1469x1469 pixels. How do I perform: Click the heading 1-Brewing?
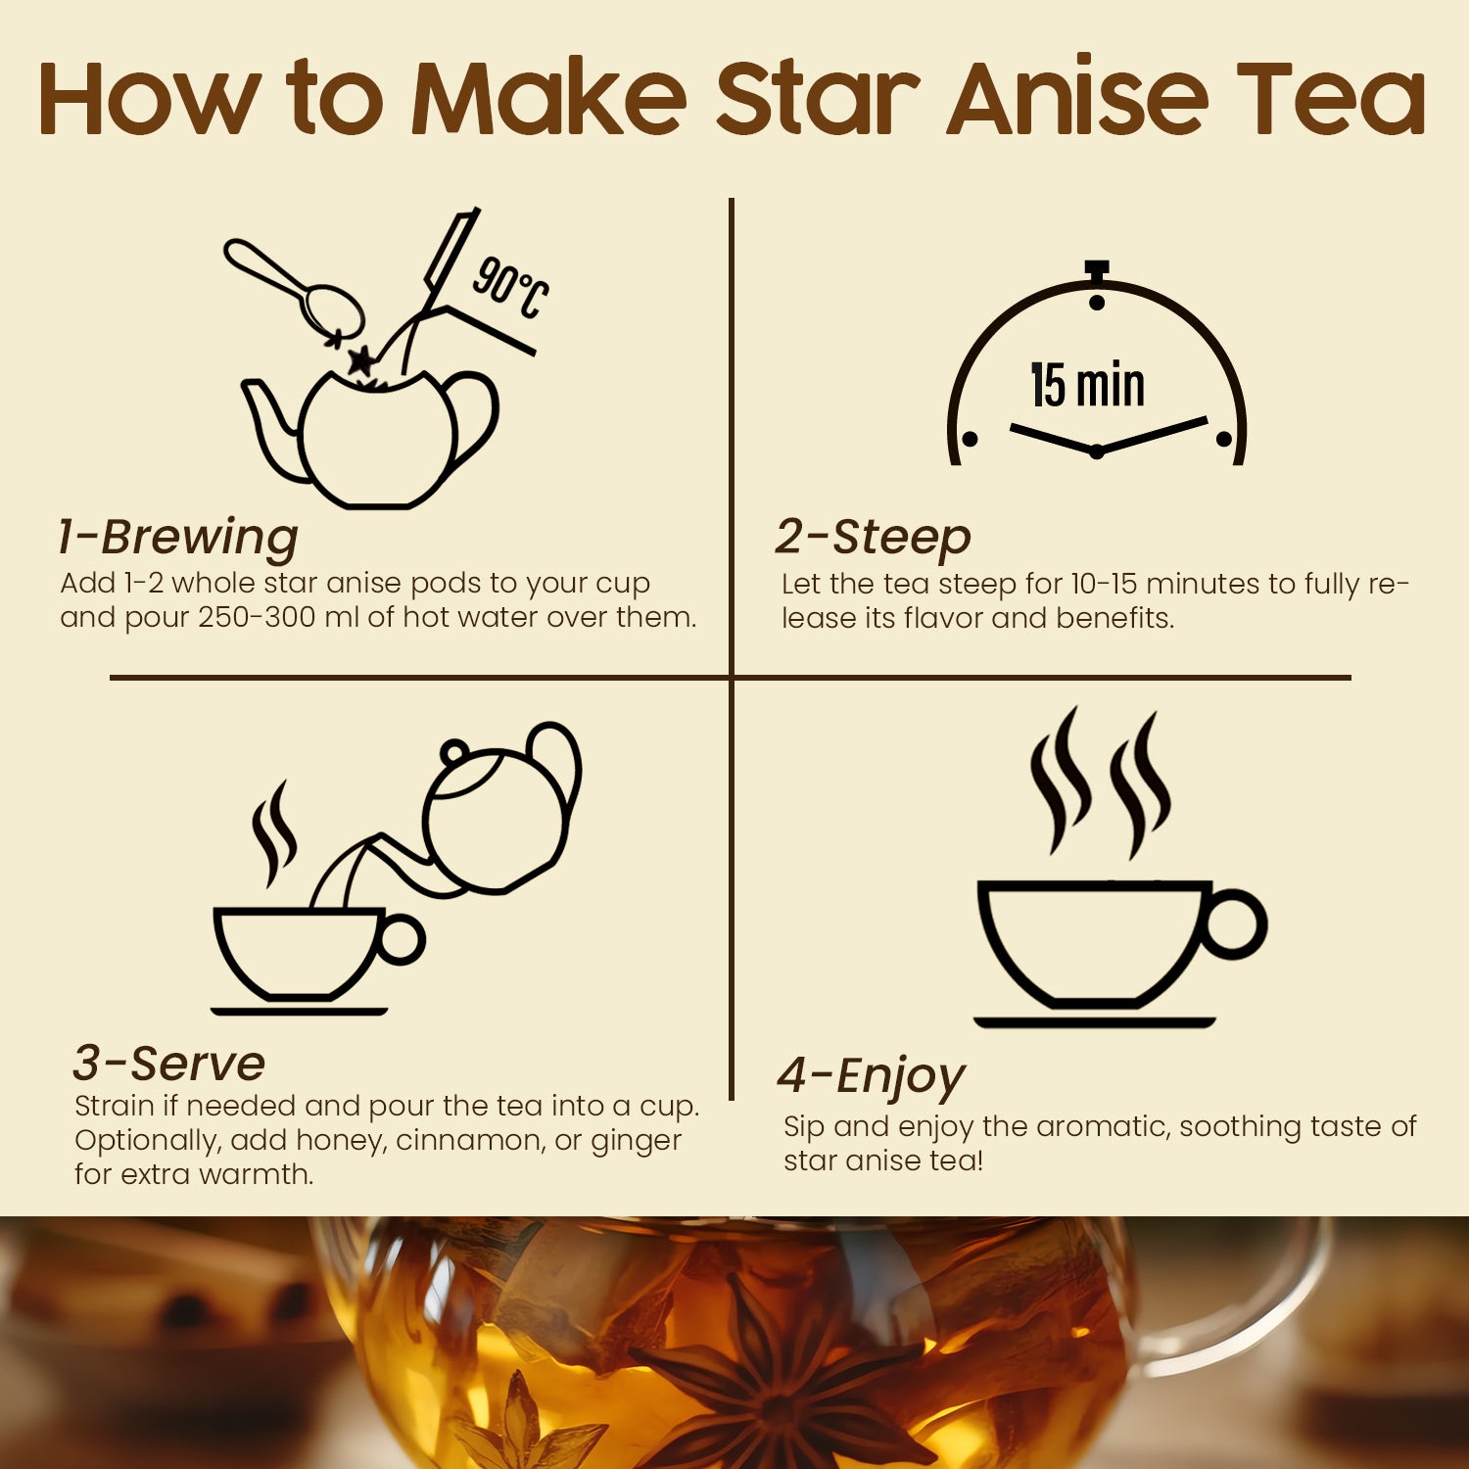[x=177, y=537]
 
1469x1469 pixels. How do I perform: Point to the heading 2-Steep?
[x=873, y=537]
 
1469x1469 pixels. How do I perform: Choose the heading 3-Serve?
[x=168, y=1063]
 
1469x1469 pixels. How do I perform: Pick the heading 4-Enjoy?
[x=871, y=1075]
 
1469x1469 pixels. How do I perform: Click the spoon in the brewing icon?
[x=294, y=286]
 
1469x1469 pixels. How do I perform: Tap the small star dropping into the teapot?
[x=361, y=360]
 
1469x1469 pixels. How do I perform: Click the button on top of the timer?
[x=1097, y=269]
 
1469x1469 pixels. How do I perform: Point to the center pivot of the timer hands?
[x=1097, y=451]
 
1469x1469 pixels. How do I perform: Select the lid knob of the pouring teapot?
[x=453, y=753]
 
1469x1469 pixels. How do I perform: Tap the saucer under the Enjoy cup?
[x=1094, y=1022]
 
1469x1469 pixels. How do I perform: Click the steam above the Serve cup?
[x=273, y=832]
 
